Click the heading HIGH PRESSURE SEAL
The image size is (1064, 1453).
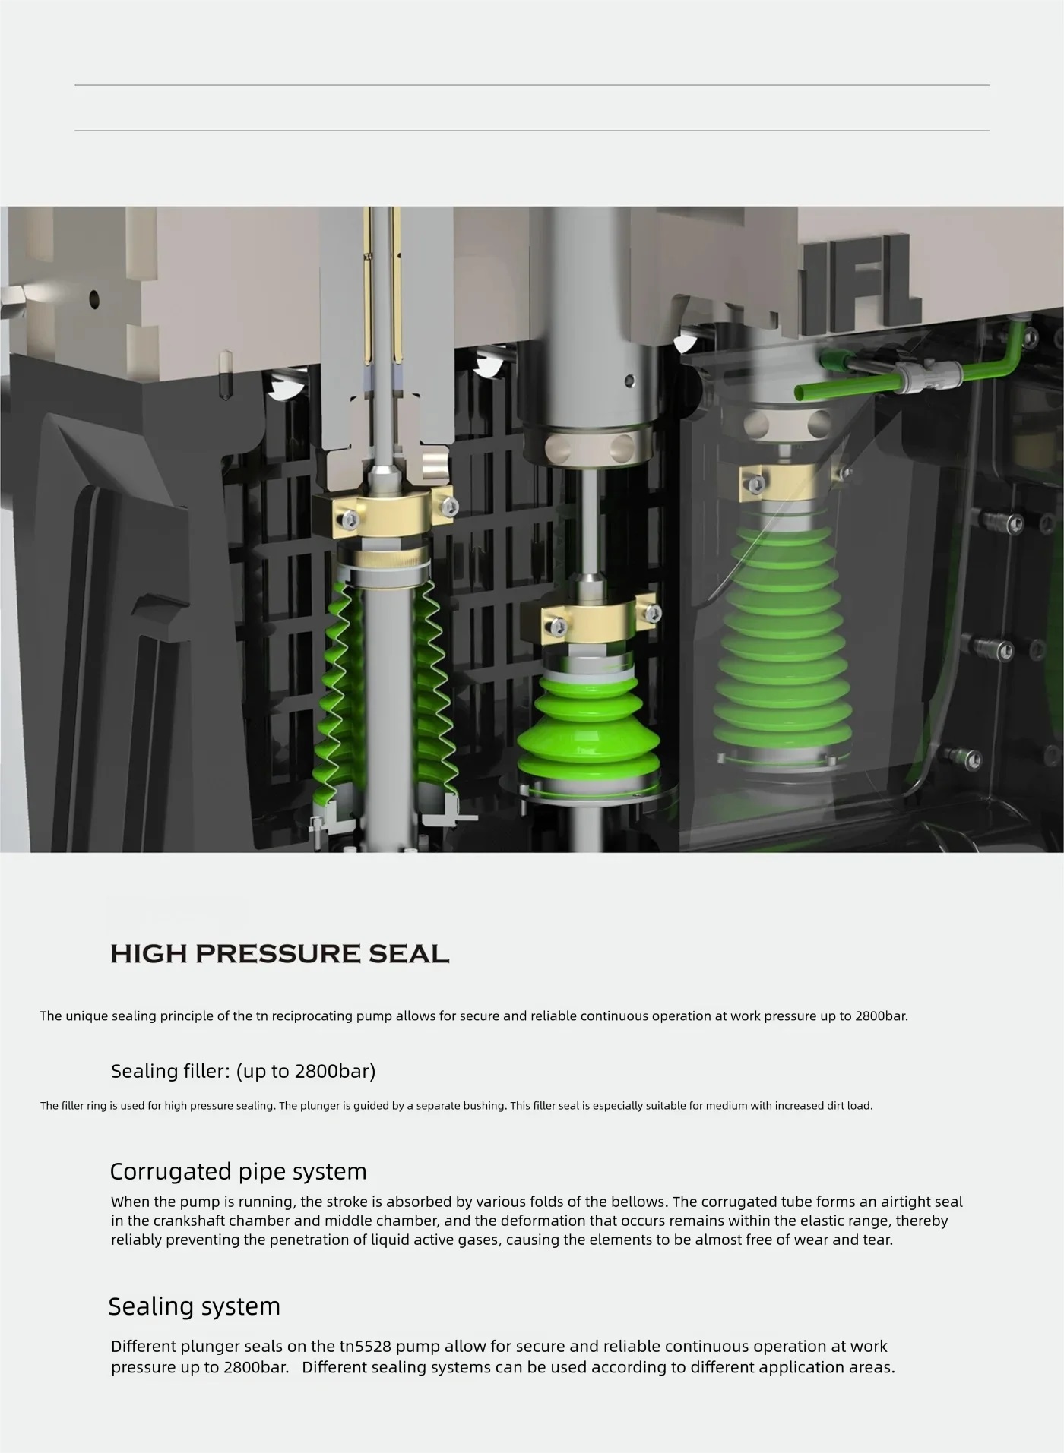pos(280,954)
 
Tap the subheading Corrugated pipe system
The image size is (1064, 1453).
pos(238,1171)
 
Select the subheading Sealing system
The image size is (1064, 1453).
pos(195,1306)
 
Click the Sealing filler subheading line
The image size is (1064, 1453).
pos(243,1071)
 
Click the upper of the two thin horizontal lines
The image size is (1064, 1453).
pos(532,85)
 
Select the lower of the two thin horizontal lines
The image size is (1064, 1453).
pos(532,131)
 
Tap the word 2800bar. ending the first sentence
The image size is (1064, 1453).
pos(881,1016)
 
